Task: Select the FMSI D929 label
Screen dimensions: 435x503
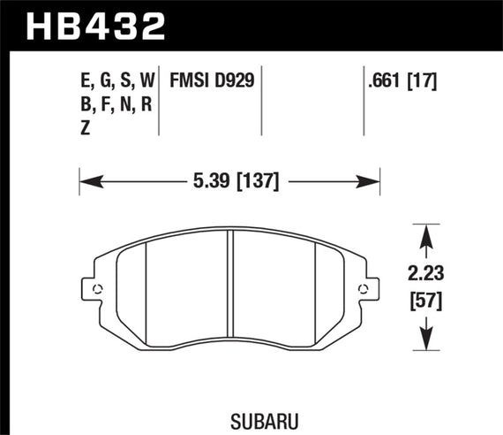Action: (x=212, y=81)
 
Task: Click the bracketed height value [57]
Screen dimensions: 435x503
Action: (x=428, y=301)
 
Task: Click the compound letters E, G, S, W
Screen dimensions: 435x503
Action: (x=116, y=81)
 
